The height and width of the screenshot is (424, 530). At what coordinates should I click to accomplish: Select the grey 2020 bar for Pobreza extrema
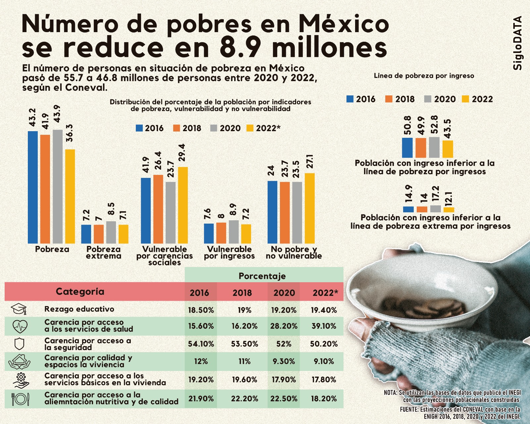coord(111,232)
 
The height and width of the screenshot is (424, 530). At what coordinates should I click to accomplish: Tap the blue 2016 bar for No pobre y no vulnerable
coord(272,212)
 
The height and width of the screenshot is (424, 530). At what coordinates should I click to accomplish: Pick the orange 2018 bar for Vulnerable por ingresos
coord(221,233)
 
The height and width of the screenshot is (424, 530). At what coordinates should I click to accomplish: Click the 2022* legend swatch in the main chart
coord(250,128)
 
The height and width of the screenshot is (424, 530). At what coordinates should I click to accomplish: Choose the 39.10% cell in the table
coord(324,326)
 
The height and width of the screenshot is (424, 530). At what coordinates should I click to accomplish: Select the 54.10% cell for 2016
coord(201,344)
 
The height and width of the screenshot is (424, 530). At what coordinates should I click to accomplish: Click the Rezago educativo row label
coord(79,309)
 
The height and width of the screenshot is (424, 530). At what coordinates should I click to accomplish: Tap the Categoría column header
coord(80,291)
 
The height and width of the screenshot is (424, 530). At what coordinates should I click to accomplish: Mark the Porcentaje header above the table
coord(262,276)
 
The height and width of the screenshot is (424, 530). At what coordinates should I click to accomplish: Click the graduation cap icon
coord(19,309)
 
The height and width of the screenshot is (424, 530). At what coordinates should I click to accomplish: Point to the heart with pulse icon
coord(20,326)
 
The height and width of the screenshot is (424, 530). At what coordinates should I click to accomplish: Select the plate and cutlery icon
coord(20,399)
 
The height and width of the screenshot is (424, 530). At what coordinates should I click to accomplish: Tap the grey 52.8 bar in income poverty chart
coord(434,147)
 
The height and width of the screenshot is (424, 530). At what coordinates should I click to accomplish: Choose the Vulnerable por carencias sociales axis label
coord(164,256)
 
